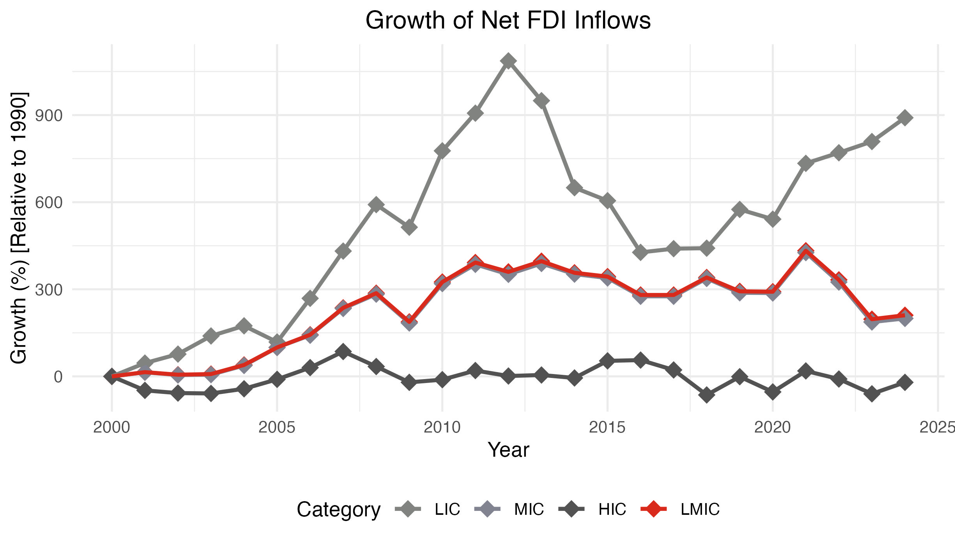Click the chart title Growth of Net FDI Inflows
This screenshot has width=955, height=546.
point(508,20)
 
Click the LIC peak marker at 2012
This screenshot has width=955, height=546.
point(508,61)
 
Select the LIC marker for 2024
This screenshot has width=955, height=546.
point(905,117)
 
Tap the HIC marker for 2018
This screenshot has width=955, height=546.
point(707,395)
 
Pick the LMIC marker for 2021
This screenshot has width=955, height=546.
point(806,251)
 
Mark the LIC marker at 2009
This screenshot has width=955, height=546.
point(409,227)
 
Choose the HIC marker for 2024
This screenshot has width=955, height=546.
point(905,383)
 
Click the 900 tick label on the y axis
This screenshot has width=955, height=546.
point(49,115)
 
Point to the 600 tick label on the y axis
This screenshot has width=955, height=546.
point(49,202)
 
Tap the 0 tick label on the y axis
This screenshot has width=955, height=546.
point(58,377)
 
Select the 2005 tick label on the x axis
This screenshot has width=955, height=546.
point(277,428)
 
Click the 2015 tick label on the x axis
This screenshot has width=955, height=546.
point(607,428)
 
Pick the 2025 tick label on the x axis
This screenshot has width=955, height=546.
point(937,428)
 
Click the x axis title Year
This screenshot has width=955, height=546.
point(508,450)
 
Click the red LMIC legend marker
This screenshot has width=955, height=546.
point(654,509)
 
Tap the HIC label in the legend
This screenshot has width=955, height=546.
point(612,509)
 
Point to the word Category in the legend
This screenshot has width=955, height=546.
point(338,510)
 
